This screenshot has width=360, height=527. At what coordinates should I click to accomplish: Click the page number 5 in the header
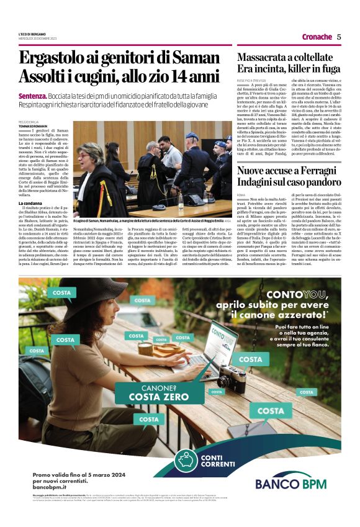tap(339, 36)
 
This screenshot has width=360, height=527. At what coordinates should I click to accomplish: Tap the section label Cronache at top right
tap(316, 36)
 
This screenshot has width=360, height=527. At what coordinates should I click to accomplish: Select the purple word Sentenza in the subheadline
tap(32, 97)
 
